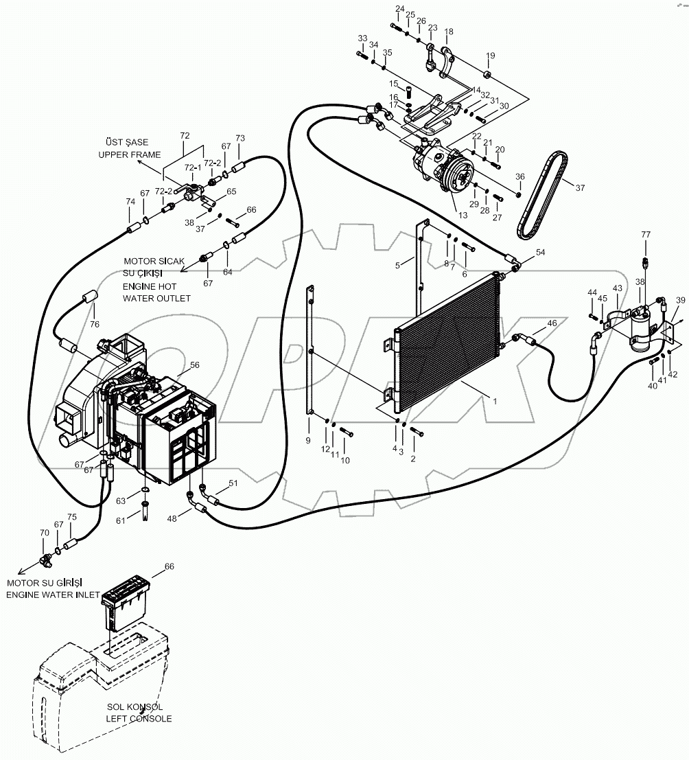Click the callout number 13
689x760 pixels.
click(x=462, y=216)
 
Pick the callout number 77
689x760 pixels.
click(x=645, y=235)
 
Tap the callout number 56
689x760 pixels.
click(x=195, y=366)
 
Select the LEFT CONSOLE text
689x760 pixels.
click(x=139, y=719)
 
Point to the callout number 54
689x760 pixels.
click(x=541, y=253)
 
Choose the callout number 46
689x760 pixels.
click(x=551, y=323)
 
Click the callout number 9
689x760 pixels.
click(x=308, y=440)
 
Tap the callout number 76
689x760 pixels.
click(x=95, y=325)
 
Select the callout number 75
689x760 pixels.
click(x=71, y=517)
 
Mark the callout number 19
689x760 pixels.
click(x=491, y=56)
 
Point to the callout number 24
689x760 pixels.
click(x=399, y=9)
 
